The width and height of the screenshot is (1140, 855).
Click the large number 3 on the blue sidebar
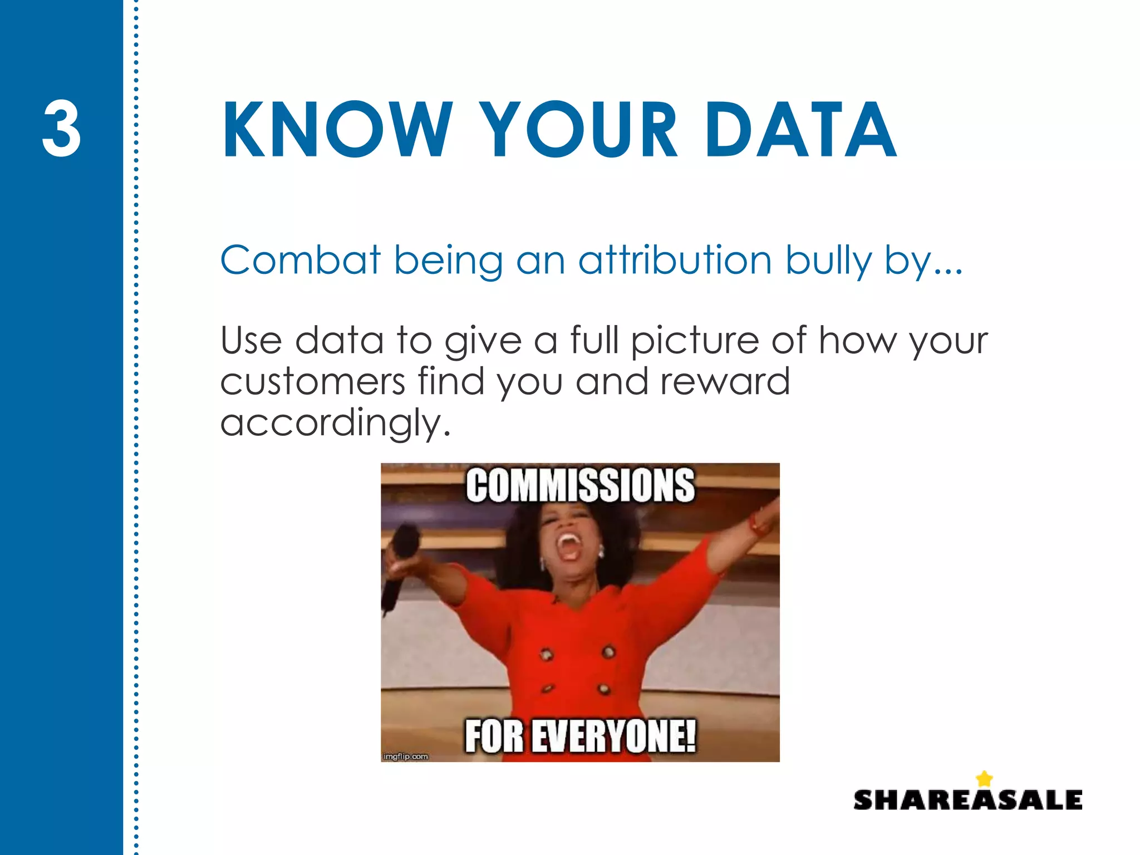coord(61,129)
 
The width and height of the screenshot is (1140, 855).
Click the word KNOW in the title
coord(337,130)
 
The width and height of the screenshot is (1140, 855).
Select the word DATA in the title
coord(800,130)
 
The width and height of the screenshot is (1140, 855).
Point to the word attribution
coord(675,260)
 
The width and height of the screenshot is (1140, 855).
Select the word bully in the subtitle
coord(828,261)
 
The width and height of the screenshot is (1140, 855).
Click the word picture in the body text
coord(695,341)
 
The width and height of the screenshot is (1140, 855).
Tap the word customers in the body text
coord(313,382)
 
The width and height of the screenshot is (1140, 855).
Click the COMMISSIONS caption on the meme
coord(580,486)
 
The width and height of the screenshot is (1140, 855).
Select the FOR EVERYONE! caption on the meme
coord(580,736)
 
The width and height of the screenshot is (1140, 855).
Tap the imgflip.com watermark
coord(406,756)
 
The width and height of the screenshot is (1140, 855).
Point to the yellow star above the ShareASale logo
coord(985,778)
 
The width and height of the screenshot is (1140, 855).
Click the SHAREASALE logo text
coord(967,800)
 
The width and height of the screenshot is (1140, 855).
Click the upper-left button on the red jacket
coord(547,655)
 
